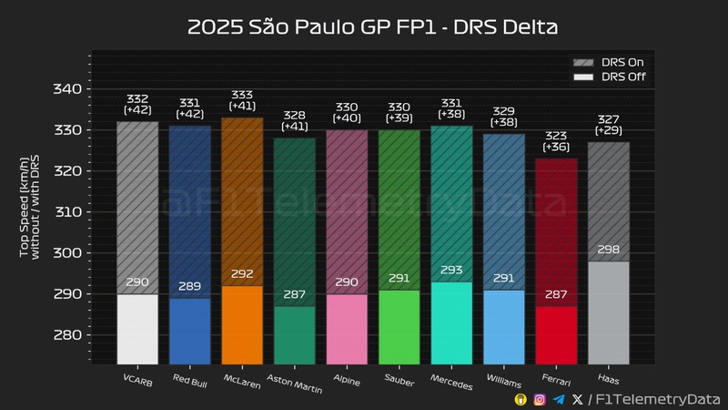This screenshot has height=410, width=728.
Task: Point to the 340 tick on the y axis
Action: (x=72, y=89)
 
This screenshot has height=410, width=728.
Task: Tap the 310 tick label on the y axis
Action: (x=72, y=212)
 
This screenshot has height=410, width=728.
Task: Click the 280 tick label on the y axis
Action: (x=72, y=335)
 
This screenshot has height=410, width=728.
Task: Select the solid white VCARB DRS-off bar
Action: (x=137, y=328)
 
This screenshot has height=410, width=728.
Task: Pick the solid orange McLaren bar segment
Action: (x=242, y=324)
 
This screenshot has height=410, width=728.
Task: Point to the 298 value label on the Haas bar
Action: (x=608, y=250)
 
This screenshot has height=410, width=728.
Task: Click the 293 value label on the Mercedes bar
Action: (x=451, y=271)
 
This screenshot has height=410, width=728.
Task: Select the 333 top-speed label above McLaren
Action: (x=242, y=94)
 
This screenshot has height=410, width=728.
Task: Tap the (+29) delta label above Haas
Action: (x=608, y=132)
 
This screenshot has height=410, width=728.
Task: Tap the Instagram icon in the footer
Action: (x=540, y=399)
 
